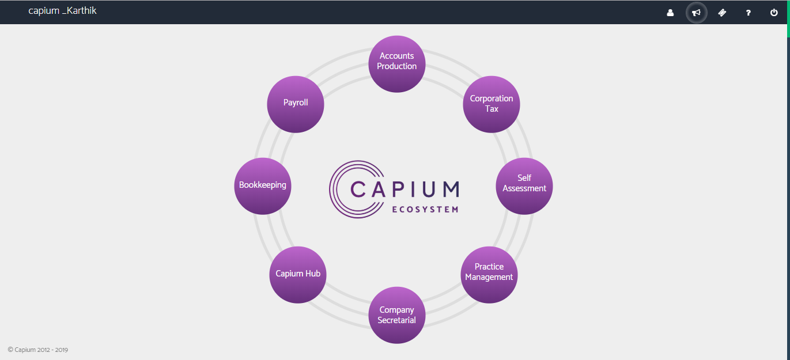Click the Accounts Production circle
396,63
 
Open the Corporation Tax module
492,104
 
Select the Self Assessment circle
524,185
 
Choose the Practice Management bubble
489,275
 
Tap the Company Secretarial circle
396,315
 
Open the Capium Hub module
297,274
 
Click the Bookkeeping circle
263,185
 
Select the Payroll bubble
296,104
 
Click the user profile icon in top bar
670,13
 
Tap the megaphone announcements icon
696,13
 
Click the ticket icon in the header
722,13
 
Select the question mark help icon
748,13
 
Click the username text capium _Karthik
62,11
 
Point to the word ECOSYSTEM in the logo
425,210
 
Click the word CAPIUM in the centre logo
405,190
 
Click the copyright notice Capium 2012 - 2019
38,350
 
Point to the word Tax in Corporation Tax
492,109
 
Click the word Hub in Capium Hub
313,274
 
